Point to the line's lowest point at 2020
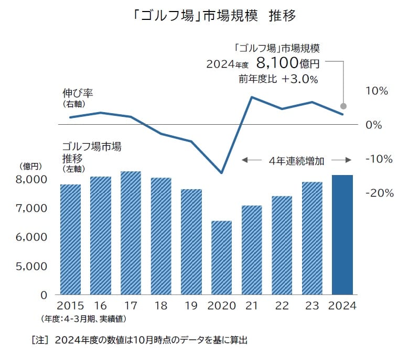pyautogui.click(x=221, y=173)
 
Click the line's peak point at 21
pyautogui.click(x=252, y=97)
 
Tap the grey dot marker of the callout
pyautogui.click(x=343, y=105)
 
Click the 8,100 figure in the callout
pyautogui.click(x=277, y=64)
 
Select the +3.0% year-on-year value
pyautogui.click(x=299, y=79)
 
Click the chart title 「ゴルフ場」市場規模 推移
pyautogui.click(x=214, y=16)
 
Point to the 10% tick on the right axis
pyautogui.click(x=376, y=91)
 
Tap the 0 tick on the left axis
pyautogui.click(x=45, y=295)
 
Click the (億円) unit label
pyautogui.click(x=30, y=166)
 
